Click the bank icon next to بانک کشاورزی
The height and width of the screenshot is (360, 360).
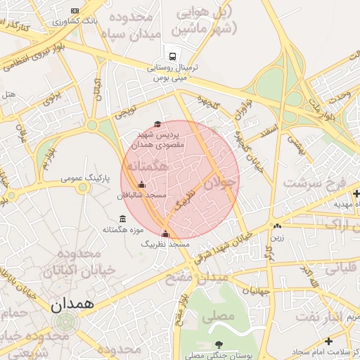click(x=75, y=11)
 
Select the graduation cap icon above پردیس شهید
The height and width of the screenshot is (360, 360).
click(x=157, y=124)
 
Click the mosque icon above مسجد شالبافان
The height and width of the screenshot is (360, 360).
click(x=141, y=185)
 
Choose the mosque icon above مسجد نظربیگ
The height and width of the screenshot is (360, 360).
click(x=165, y=234)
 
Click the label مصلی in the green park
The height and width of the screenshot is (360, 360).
click(x=218, y=316)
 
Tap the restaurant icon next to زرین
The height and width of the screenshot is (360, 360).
click(x=278, y=226)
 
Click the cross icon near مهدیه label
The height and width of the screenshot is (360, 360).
click(x=356, y=193)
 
